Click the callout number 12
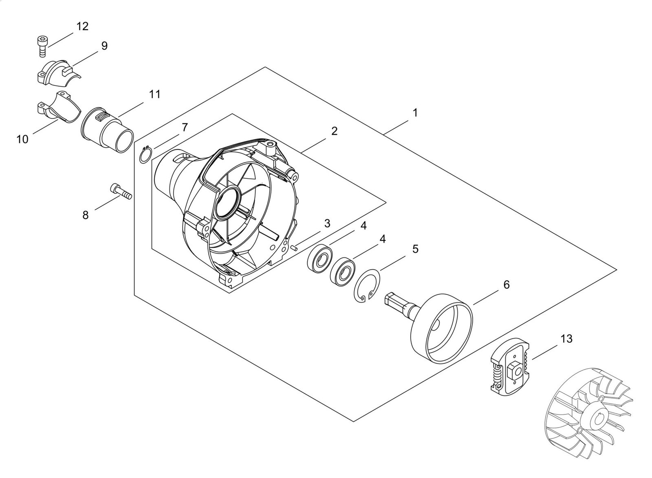point(82,26)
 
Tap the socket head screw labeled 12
point(42,46)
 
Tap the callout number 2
point(334,131)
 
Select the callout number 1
point(415,113)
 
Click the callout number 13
point(566,338)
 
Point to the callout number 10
point(22,139)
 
